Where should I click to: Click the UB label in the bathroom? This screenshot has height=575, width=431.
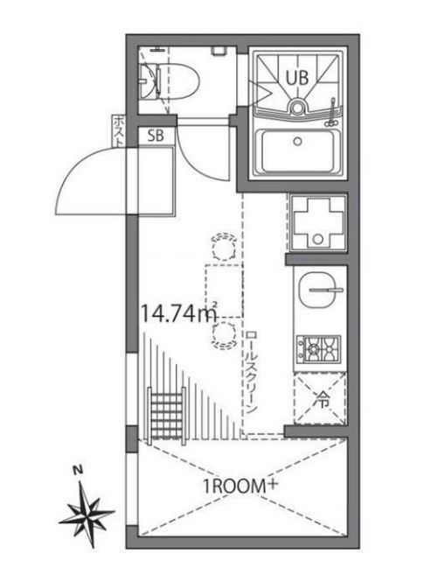[298, 76]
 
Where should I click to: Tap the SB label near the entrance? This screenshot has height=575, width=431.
[156, 136]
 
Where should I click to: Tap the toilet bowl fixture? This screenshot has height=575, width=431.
[179, 79]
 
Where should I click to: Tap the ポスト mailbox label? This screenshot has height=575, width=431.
[117, 131]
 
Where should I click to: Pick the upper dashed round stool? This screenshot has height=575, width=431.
[222, 246]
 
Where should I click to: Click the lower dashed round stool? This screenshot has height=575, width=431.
[222, 333]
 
